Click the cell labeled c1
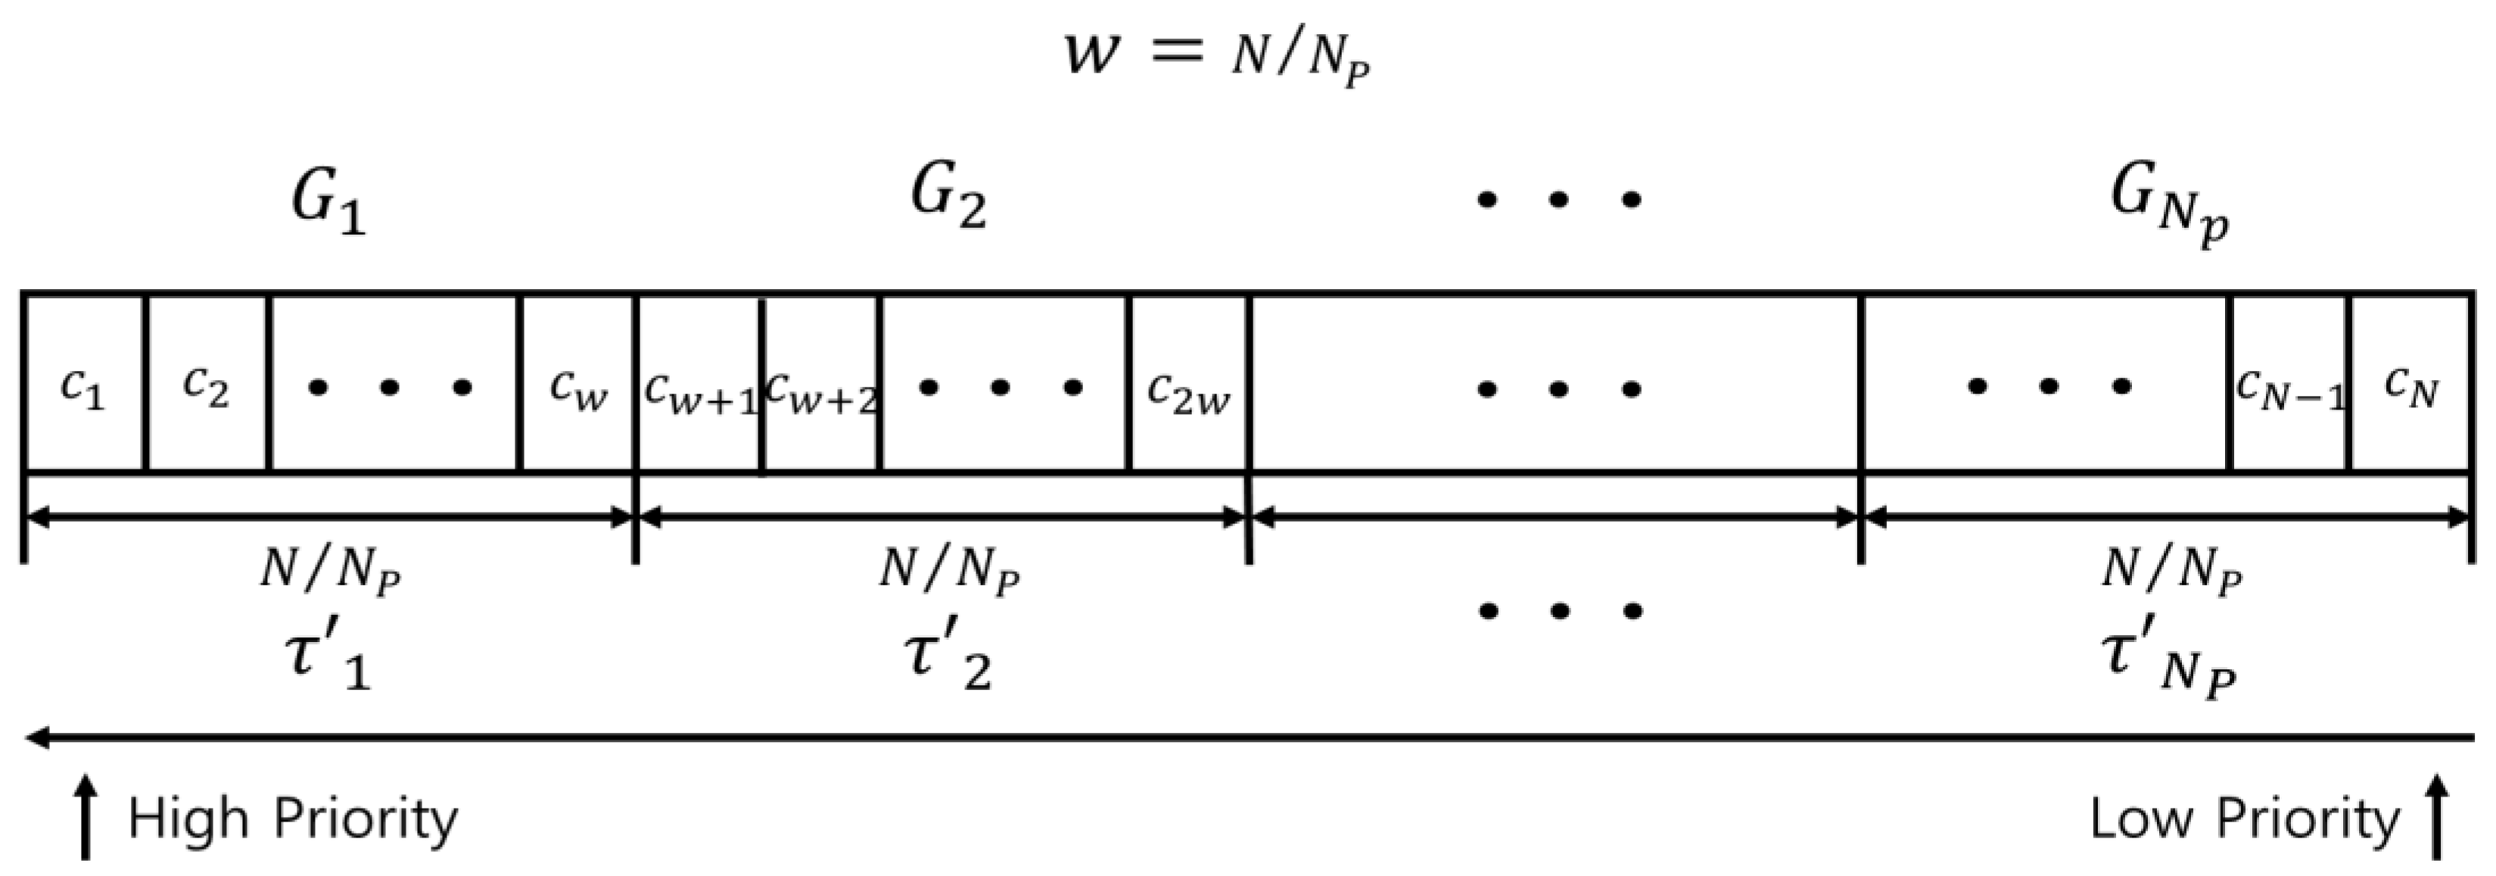(x=83, y=388)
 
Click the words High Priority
(x=293, y=818)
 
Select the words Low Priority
(x=2244, y=818)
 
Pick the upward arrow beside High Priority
(x=86, y=816)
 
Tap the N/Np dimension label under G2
(x=948, y=570)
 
